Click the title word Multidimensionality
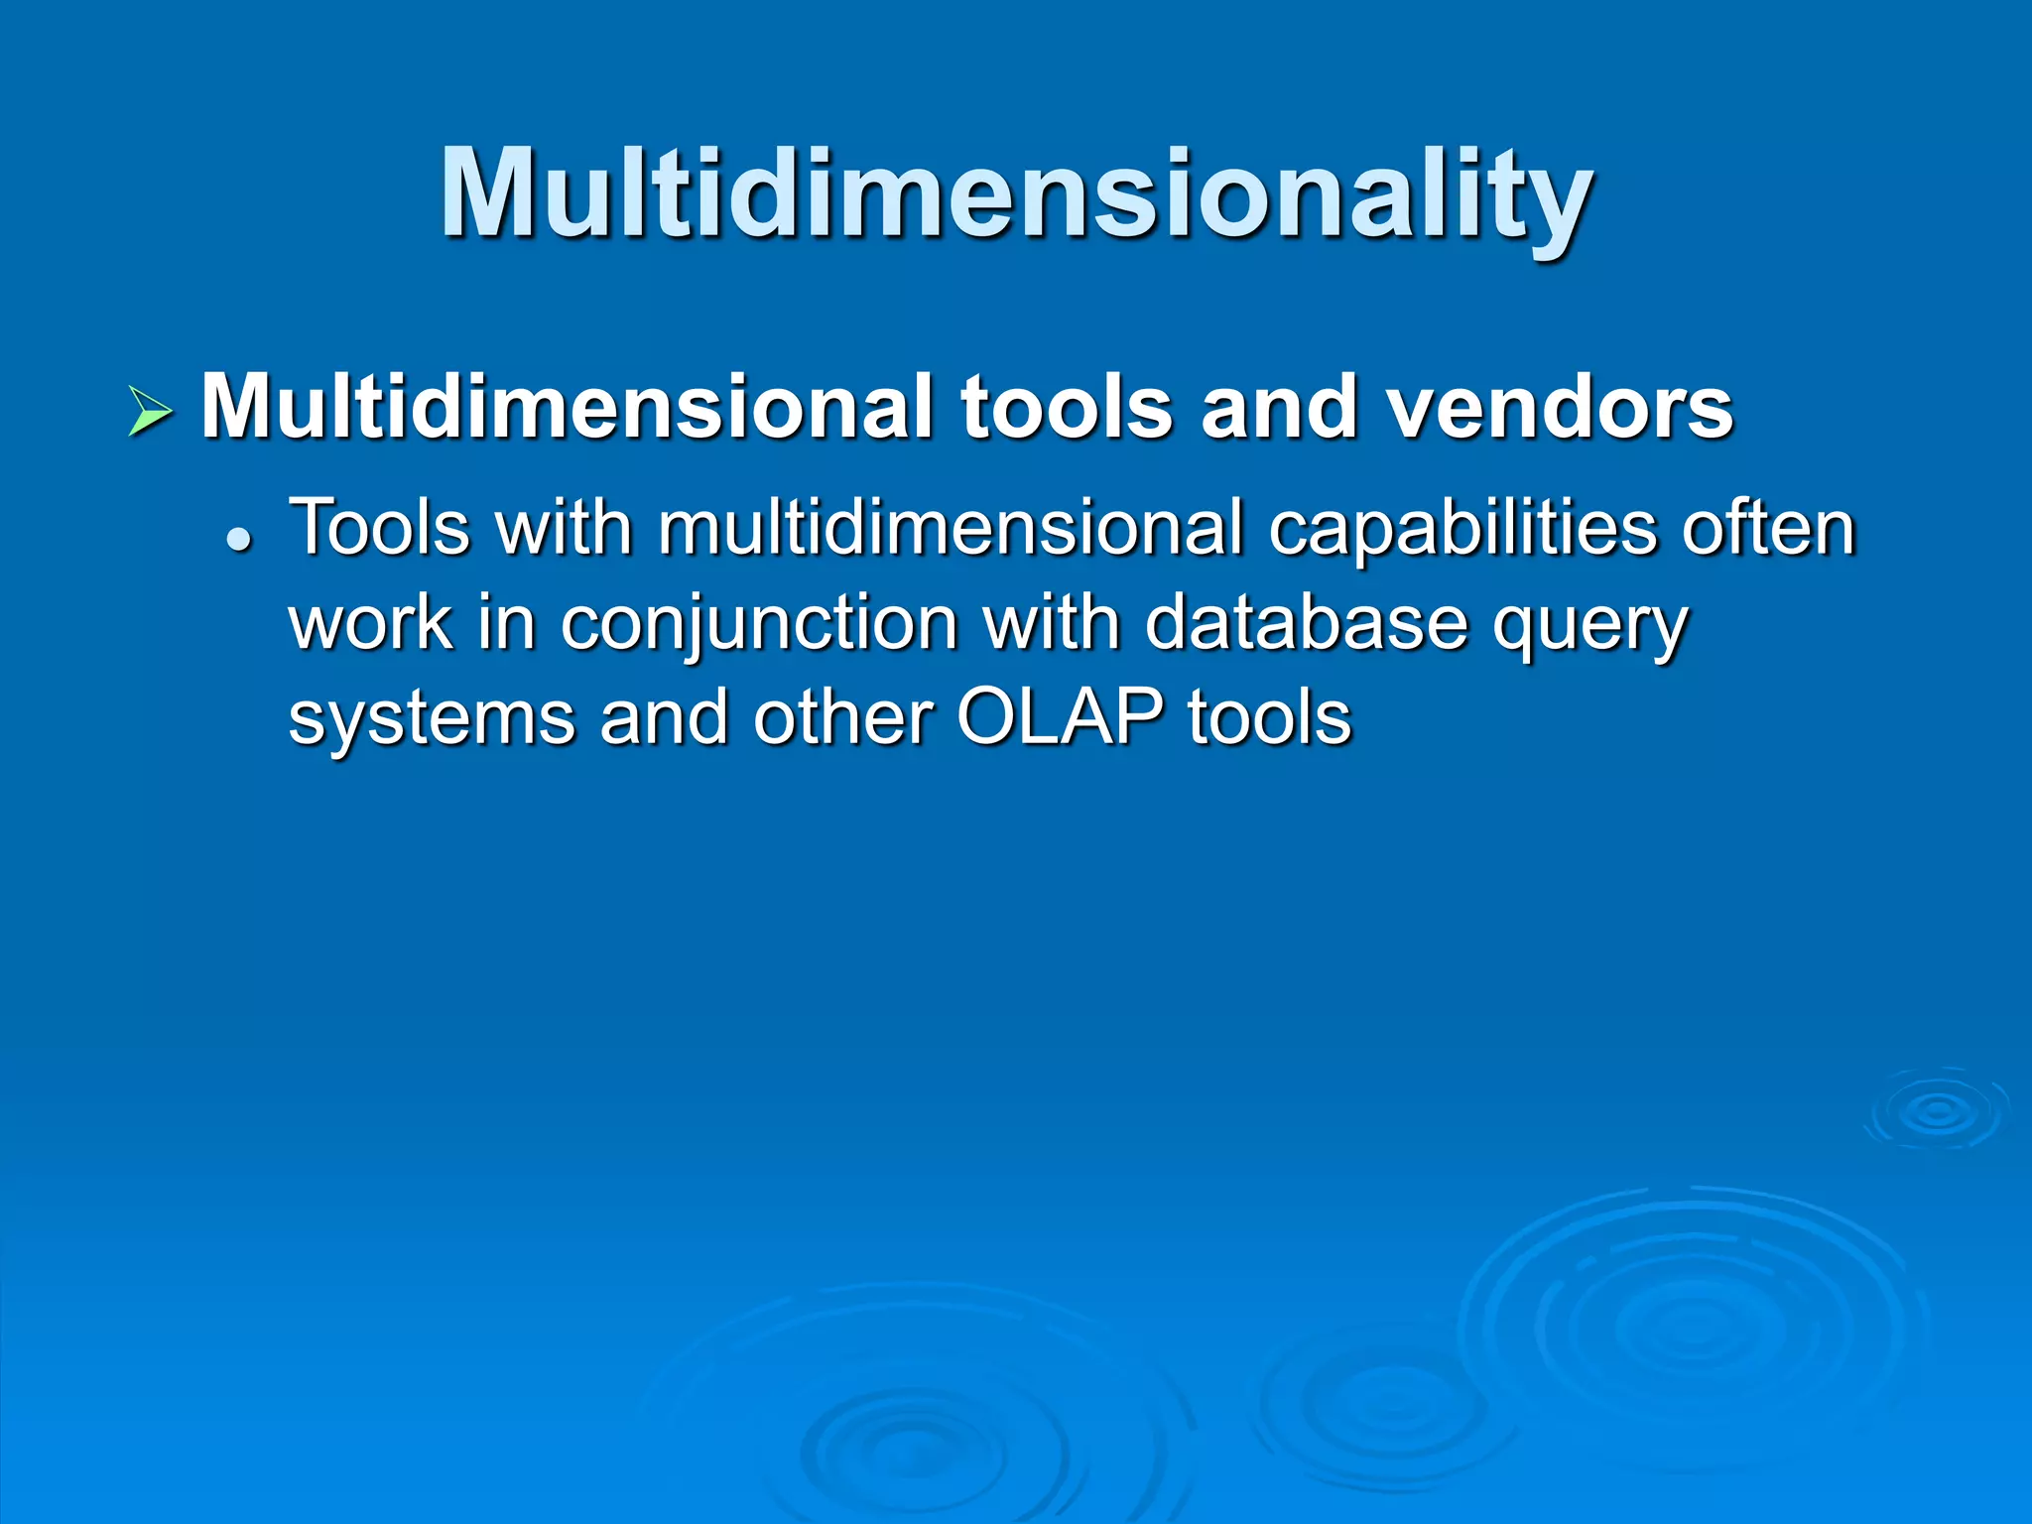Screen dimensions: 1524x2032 point(1016,193)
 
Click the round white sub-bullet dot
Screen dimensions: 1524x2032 point(238,542)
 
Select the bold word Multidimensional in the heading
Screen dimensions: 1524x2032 point(566,407)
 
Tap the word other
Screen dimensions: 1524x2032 point(843,716)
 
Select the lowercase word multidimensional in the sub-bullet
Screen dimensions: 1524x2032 point(950,528)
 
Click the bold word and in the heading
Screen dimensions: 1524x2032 point(1279,407)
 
